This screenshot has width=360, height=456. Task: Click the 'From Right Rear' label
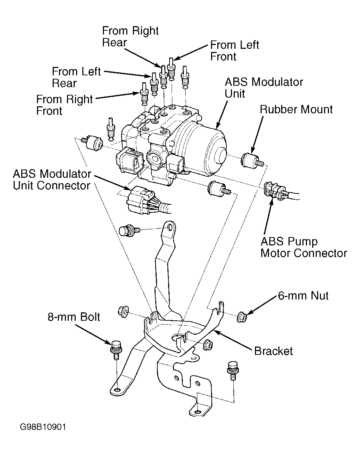tap(130, 37)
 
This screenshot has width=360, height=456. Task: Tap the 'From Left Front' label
tap(234, 51)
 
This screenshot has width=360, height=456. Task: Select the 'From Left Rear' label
tap(76, 77)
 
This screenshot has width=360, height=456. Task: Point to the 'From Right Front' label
tap(64, 105)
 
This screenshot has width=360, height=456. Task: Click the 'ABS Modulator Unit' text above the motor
tap(264, 88)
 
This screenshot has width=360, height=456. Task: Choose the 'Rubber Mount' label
tap(296, 109)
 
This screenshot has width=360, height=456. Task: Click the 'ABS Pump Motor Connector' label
tap(303, 247)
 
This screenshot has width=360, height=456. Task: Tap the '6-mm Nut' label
tap(303, 296)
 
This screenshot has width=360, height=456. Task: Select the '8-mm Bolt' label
tap(74, 317)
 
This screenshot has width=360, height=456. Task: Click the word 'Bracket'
tap(273, 351)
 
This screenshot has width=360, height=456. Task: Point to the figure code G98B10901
tap(43, 427)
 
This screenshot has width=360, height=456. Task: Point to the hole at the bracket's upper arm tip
tap(170, 228)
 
